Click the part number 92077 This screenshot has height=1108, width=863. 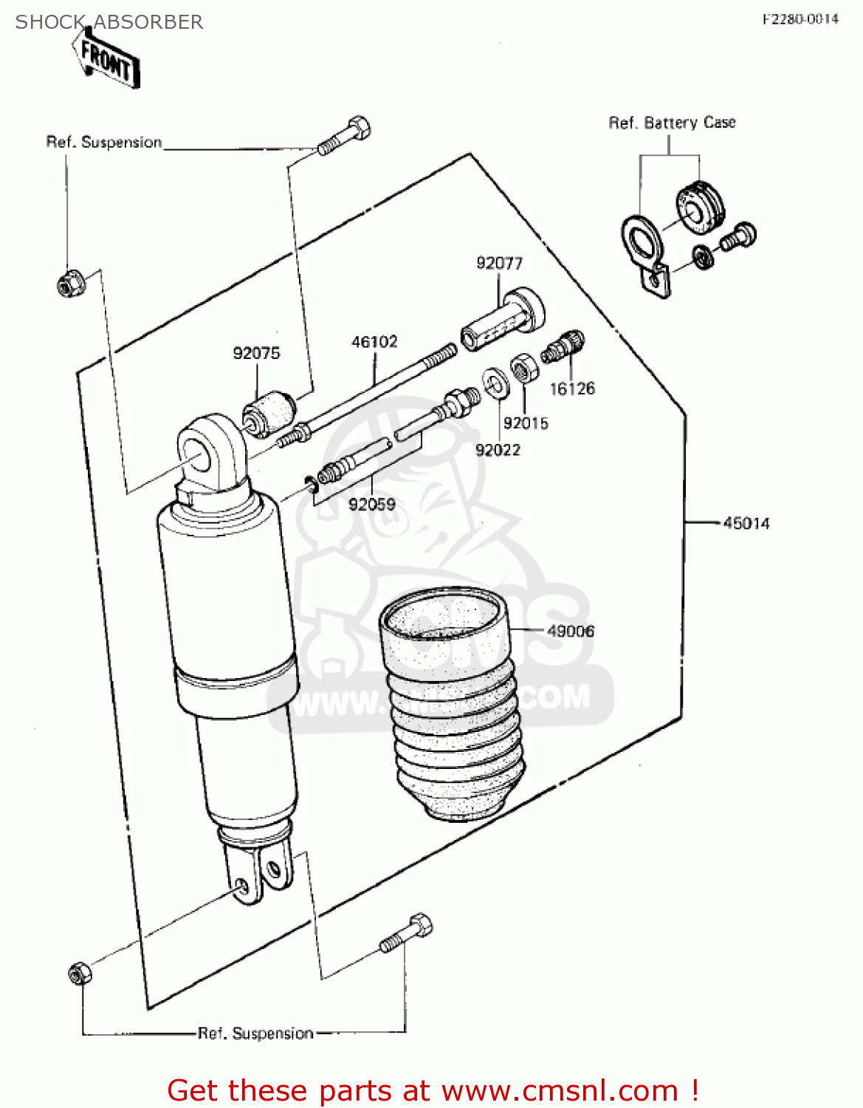[499, 264]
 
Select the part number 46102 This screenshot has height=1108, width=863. [374, 342]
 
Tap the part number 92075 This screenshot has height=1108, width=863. [256, 354]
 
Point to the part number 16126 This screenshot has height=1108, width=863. [572, 389]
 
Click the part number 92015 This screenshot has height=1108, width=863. [526, 423]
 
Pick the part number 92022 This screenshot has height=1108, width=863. [498, 450]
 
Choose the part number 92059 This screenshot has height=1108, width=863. [371, 505]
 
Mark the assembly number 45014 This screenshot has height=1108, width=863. [746, 524]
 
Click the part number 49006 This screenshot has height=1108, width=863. [571, 631]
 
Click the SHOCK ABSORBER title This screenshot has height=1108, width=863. [109, 22]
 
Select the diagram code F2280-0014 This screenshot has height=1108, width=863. [800, 19]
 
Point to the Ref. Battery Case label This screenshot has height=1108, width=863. [672, 123]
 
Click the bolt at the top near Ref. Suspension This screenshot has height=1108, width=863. [344, 136]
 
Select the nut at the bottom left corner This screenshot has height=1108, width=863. [79, 974]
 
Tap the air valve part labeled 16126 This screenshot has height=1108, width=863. [563, 346]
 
